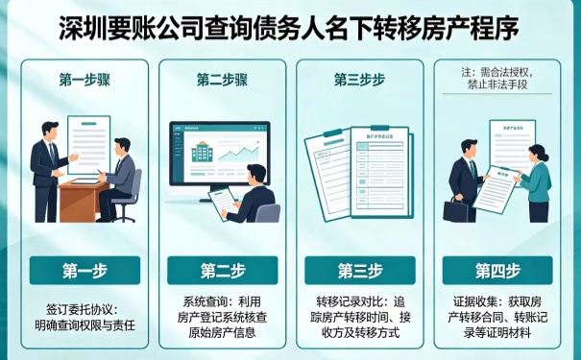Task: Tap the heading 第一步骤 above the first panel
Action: [x=84, y=80]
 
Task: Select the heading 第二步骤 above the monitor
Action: [x=223, y=80]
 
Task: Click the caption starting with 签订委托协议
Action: [x=84, y=318]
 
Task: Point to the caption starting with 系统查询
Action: [x=223, y=318]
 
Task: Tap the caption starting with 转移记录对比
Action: [x=360, y=318]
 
